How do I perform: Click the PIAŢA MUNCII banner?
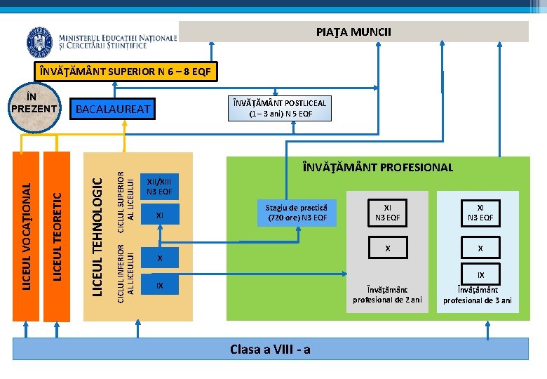[x=353, y=32]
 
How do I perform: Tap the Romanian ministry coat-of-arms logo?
[x=39, y=43]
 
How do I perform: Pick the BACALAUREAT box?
[x=113, y=109]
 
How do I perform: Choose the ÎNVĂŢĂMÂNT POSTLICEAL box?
[x=281, y=108]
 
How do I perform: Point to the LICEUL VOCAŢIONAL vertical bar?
[x=26, y=236]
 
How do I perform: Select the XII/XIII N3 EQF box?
[x=159, y=185]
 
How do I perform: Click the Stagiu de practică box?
[x=297, y=213]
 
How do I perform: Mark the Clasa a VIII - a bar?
[x=270, y=349]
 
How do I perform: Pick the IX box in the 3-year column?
[x=480, y=274]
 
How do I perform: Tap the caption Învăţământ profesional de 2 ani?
[x=387, y=295]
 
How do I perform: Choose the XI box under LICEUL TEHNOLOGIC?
[x=159, y=216]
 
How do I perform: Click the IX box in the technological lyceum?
[x=159, y=286]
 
